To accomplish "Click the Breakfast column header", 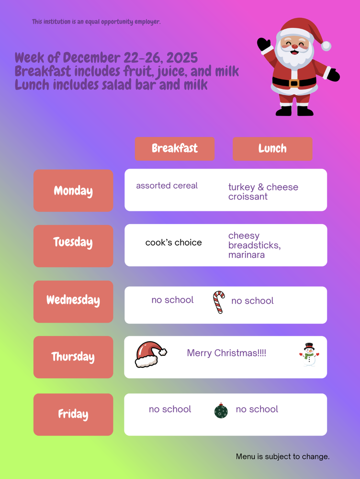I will coord(175,148).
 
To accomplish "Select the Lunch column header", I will coord(272,148).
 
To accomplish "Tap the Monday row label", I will coord(73,191).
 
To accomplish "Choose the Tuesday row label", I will coord(73,242).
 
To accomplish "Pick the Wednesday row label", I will coord(73,301).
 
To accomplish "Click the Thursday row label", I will coord(73,357).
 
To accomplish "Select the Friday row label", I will coord(73,414).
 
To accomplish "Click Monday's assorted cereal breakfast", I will coord(167,186).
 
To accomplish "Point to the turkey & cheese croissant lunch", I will coord(263,192).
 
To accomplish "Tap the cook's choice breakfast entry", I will coord(174,243).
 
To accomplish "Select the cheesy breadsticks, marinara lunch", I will coord(254,245).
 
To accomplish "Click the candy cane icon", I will coord(219,302).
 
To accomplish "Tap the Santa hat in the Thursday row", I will coord(150,355).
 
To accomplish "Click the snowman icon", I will coord(309,355).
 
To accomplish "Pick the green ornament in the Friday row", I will coord(221,411).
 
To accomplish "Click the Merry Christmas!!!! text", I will coord(226,354).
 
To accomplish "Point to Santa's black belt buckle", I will coord(294,83).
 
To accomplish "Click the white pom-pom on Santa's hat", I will coord(326,46).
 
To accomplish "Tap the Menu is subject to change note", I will coord(283,456).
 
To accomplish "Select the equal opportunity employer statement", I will coord(96,22).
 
